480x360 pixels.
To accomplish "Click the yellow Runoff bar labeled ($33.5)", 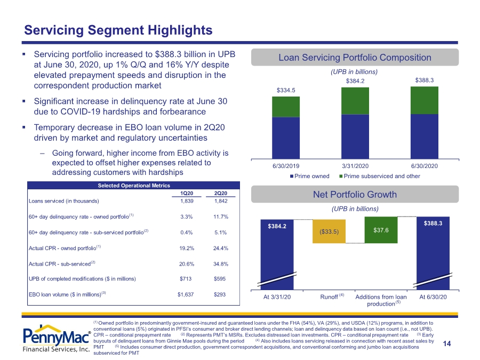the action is point(329,231).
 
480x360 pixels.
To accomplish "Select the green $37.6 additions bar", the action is point(381,230).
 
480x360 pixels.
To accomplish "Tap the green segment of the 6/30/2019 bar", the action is point(286,107).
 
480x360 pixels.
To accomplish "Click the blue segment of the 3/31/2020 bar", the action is point(355,137).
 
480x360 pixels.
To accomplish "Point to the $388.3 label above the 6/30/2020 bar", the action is point(425,80).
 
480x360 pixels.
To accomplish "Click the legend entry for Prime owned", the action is point(310,176).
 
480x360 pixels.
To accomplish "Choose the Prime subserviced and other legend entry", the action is point(380,176).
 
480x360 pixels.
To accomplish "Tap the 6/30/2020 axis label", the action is point(425,166).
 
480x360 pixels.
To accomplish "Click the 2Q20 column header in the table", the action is point(220,193).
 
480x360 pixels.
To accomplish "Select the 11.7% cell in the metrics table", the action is point(221,217).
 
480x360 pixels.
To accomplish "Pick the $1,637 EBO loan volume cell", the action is point(186,294).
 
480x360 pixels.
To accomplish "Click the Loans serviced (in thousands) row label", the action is point(63,201).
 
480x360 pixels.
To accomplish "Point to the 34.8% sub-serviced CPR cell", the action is point(221,264).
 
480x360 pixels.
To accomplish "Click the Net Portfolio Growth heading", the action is point(355,194).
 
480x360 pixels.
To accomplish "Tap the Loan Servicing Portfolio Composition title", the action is point(355,58).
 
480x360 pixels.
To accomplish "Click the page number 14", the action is point(447,344).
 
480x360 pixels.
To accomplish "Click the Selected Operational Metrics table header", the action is point(134,186).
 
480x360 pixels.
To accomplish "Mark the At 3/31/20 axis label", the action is point(277,297).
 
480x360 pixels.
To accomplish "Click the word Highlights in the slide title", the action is point(180,30).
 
